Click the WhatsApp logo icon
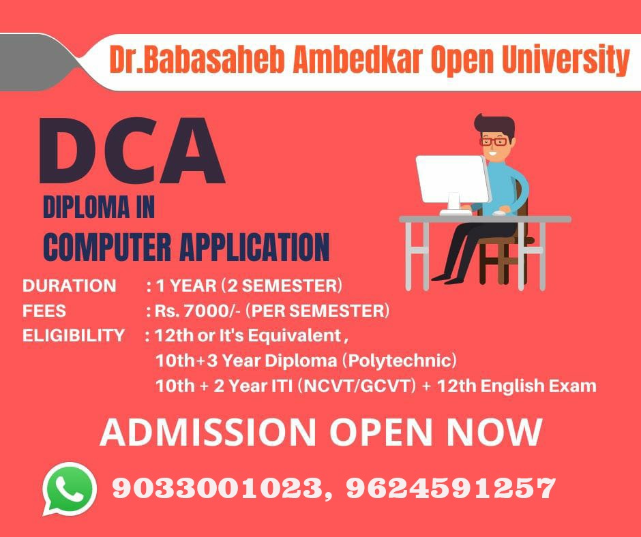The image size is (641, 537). [70, 489]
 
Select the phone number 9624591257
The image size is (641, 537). [451, 488]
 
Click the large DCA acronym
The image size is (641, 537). [132, 150]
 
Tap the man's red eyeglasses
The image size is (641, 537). [493, 142]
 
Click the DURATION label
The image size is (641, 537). [70, 286]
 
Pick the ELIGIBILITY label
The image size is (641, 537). [74, 335]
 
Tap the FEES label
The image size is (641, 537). [44, 311]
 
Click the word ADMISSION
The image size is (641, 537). [208, 432]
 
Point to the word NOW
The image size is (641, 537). [494, 432]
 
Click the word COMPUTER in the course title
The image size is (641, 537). [107, 247]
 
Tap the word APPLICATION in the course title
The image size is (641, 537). [254, 247]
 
